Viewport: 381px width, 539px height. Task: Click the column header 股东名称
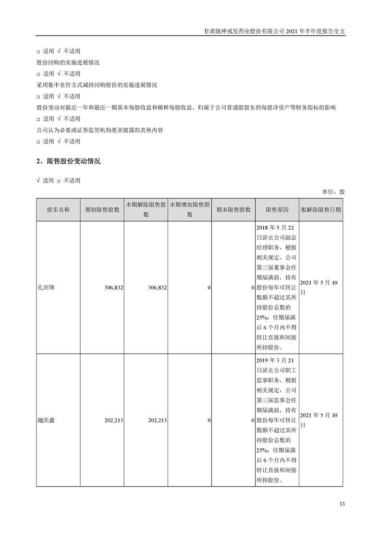(x=58, y=210)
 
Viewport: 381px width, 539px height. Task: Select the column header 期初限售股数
(x=102, y=210)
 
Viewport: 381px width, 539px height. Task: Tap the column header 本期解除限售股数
(x=146, y=210)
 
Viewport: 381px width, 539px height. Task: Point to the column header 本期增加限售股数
(x=190, y=210)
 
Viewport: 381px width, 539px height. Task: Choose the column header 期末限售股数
(x=234, y=210)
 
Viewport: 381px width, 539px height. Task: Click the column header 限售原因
(x=277, y=210)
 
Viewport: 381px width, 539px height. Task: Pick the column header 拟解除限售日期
(x=321, y=210)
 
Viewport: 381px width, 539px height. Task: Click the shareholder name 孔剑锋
(x=46, y=288)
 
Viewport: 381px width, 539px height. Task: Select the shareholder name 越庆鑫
(x=46, y=420)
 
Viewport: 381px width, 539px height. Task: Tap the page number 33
(x=342, y=504)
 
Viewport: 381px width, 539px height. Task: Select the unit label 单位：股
(x=333, y=192)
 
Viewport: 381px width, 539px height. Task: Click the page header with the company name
(x=274, y=31)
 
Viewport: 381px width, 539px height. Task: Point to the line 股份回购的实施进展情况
(x=68, y=62)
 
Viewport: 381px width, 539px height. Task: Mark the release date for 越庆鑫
(x=319, y=420)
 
